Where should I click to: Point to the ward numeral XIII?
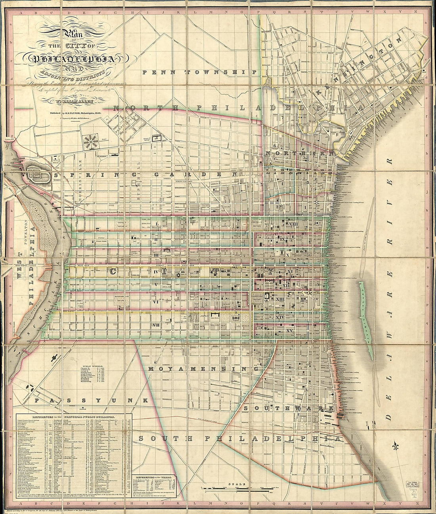click(x=280, y=299)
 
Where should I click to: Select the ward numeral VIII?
click(x=292, y=225)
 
